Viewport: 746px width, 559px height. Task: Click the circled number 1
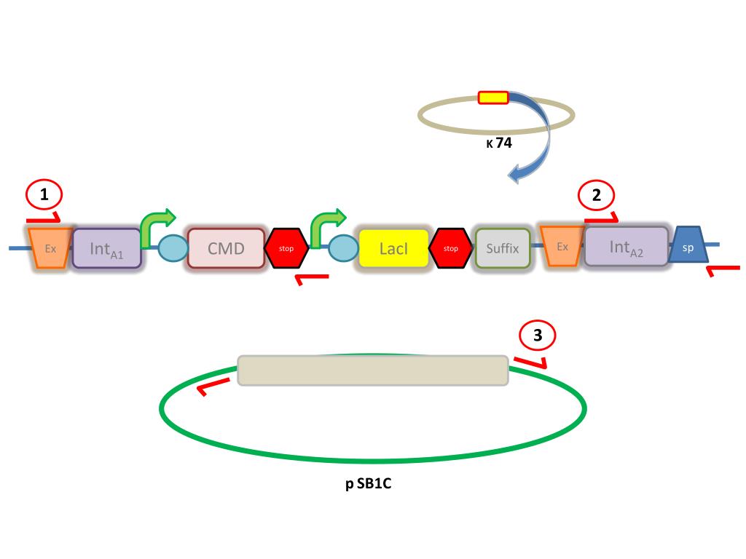tap(44, 195)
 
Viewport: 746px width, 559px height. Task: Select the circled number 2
tap(597, 195)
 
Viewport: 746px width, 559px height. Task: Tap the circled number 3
tap(538, 336)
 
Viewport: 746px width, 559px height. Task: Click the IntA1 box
tap(106, 248)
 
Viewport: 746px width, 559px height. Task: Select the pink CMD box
tap(226, 248)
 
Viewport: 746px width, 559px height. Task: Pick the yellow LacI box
tap(393, 248)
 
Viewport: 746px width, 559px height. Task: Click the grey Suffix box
tap(503, 248)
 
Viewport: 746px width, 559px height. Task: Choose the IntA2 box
tap(626, 247)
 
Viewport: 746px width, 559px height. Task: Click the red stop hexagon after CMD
tap(286, 248)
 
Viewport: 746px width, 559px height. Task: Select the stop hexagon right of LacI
tap(451, 248)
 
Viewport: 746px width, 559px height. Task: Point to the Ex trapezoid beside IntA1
tap(50, 247)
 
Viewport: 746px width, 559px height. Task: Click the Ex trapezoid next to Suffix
tap(562, 246)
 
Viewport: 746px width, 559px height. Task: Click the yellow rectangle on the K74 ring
tap(492, 97)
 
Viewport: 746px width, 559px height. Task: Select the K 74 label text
tap(499, 143)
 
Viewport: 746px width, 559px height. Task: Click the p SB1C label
tap(369, 484)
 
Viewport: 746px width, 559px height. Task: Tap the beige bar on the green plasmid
tap(373, 370)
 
